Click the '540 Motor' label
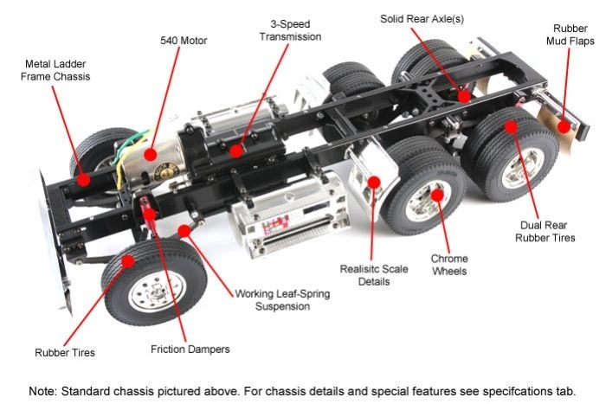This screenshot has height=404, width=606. [184, 40]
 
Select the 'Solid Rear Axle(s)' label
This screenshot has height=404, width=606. [422, 18]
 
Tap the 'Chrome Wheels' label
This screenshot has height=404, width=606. [449, 265]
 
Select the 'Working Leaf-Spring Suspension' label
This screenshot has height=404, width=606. [282, 299]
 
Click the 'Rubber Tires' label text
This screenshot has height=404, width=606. [65, 352]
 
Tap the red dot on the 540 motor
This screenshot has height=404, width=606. [151, 155]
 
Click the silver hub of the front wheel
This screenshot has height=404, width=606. [145, 294]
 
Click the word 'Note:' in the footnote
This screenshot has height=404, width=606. [45, 390]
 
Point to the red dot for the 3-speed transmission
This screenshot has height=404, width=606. [236, 150]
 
